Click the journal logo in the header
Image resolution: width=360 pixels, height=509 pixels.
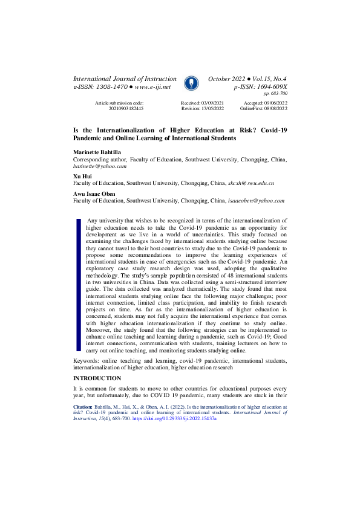(x=190, y=82)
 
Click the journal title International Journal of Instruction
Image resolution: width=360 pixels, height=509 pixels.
(x=125, y=79)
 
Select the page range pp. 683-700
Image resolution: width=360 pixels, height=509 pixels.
(x=275, y=94)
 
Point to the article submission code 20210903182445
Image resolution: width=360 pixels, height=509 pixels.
(x=126, y=108)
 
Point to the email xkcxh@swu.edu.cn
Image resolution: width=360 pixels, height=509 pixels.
(x=250, y=182)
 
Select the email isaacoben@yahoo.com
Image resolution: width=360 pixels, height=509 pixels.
(x=255, y=201)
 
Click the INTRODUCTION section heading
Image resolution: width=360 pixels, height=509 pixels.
(x=97, y=378)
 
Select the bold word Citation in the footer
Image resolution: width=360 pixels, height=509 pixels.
(x=83, y=408)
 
